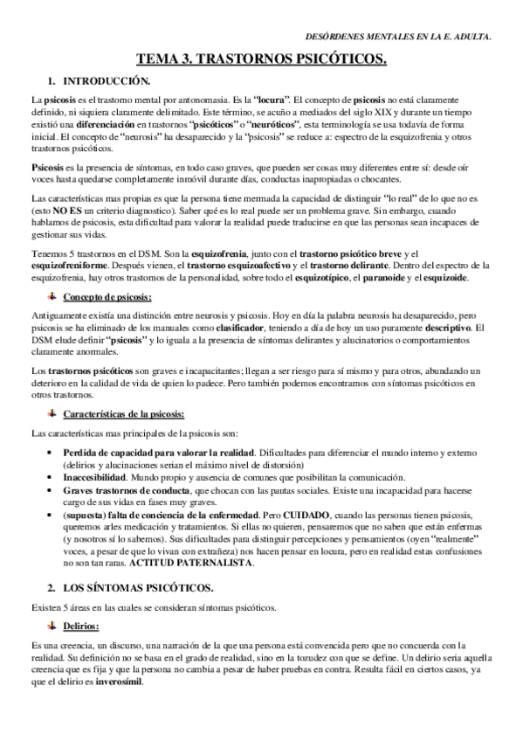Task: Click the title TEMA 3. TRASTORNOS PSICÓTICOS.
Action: [261, 59]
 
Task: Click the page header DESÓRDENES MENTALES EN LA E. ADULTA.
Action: [400, 37]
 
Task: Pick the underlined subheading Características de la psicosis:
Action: [134, 412]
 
